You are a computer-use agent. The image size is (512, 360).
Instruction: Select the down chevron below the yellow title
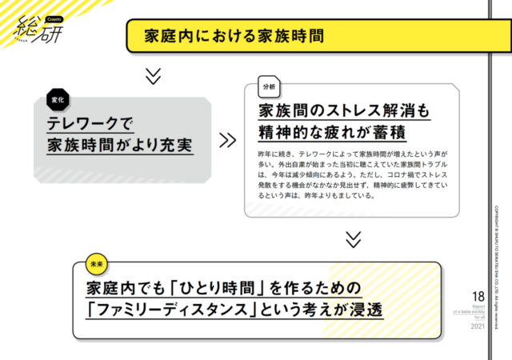(x=154, y=76)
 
